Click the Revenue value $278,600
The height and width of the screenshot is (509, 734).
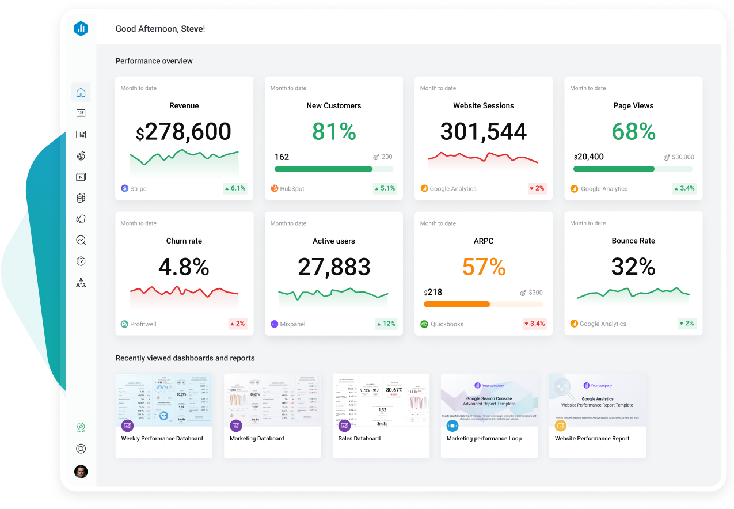pyautogui.click(x=184, y=132)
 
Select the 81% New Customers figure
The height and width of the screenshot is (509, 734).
pyautogui.click(x=334, y=132)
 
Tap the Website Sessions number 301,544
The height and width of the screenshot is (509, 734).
pyautogui.click(x=483, y=132)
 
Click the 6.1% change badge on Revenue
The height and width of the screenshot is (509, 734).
pyautogui.click(x=235, y=188)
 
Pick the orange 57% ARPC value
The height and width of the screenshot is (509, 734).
pyautogui.click(x=484, y=267)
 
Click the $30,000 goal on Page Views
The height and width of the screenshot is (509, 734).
pyautogui.click(x=683, y=157)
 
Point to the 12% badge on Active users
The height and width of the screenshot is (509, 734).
pyautogui.click(x=386, y=324)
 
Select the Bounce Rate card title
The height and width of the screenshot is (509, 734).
pyautogui.click(x=633, y=241)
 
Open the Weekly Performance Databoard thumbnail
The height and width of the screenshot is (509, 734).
pyautogui.click(x=164, y=400)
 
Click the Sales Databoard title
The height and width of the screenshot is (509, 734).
pyautogui.click(x=359, y=439)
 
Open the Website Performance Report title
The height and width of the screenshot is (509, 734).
pyautogui.click(x=592, y=439)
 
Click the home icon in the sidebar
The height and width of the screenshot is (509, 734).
pyautogui.click(x=81, y=92)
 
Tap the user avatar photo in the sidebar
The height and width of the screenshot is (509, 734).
pyautogui.click(x=81, y=472)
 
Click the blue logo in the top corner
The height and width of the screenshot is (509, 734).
pyautogui.click(x=81, y=28)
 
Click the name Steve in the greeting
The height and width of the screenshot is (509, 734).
pyautogui.click(x=192, y=29)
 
